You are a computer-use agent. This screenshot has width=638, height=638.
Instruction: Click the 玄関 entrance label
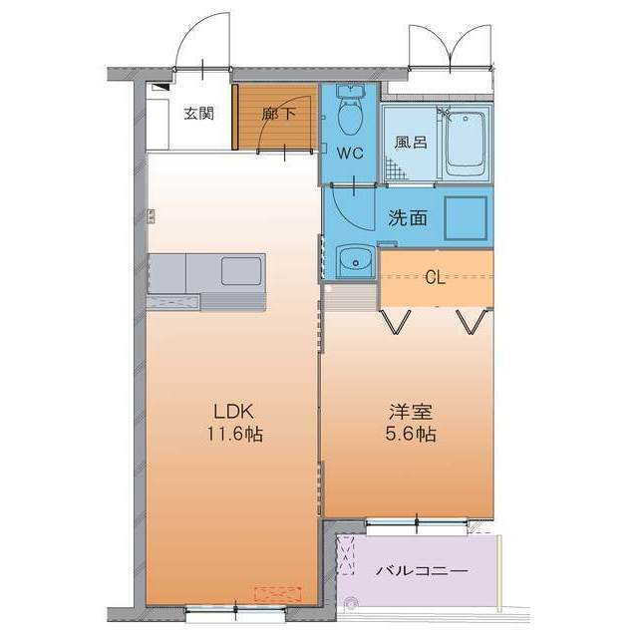click(197, 114)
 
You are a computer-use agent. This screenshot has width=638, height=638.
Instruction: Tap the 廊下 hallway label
click(279, 114)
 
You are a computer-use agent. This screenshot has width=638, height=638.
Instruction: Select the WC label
click(348, 154)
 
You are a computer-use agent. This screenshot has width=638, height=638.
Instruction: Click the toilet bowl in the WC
click(349, 118)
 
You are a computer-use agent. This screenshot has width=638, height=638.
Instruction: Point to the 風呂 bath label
click(411, 143)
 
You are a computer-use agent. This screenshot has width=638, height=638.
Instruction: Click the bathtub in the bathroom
click(465, 143)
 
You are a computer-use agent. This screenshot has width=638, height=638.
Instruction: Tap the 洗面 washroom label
click(408, 216)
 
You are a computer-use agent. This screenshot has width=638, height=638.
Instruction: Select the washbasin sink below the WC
click(352, 262)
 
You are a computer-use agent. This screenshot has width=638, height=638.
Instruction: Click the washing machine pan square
click(465, 216)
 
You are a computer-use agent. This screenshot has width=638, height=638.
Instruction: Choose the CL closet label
click(435, 277)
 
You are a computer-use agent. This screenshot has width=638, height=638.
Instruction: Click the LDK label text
click(234, 411)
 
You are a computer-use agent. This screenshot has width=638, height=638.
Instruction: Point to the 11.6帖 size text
click(235, 435)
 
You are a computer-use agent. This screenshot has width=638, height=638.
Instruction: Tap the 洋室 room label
click(410, 411)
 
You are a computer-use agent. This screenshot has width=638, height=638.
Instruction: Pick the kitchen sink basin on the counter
click(240, 270)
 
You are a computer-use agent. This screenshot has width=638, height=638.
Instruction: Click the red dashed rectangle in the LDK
click(278, 594)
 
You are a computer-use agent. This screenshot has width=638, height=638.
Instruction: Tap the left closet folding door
click(395, 321)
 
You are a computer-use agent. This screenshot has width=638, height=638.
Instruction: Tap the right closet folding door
click(472, 321)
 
